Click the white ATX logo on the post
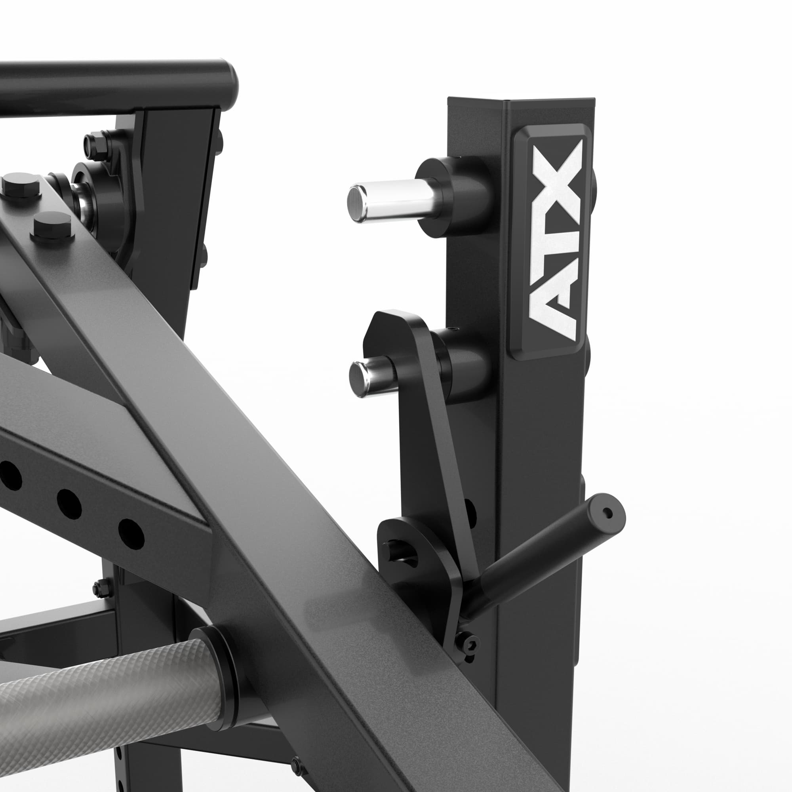[556, 241]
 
